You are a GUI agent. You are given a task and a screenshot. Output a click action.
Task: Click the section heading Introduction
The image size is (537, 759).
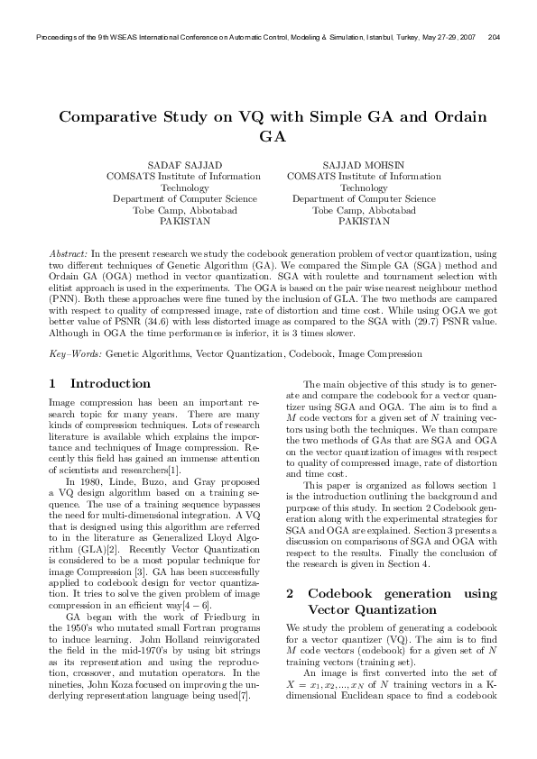click(110, 383)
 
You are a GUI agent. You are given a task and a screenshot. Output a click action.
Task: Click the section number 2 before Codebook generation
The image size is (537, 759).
click(290, 594)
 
